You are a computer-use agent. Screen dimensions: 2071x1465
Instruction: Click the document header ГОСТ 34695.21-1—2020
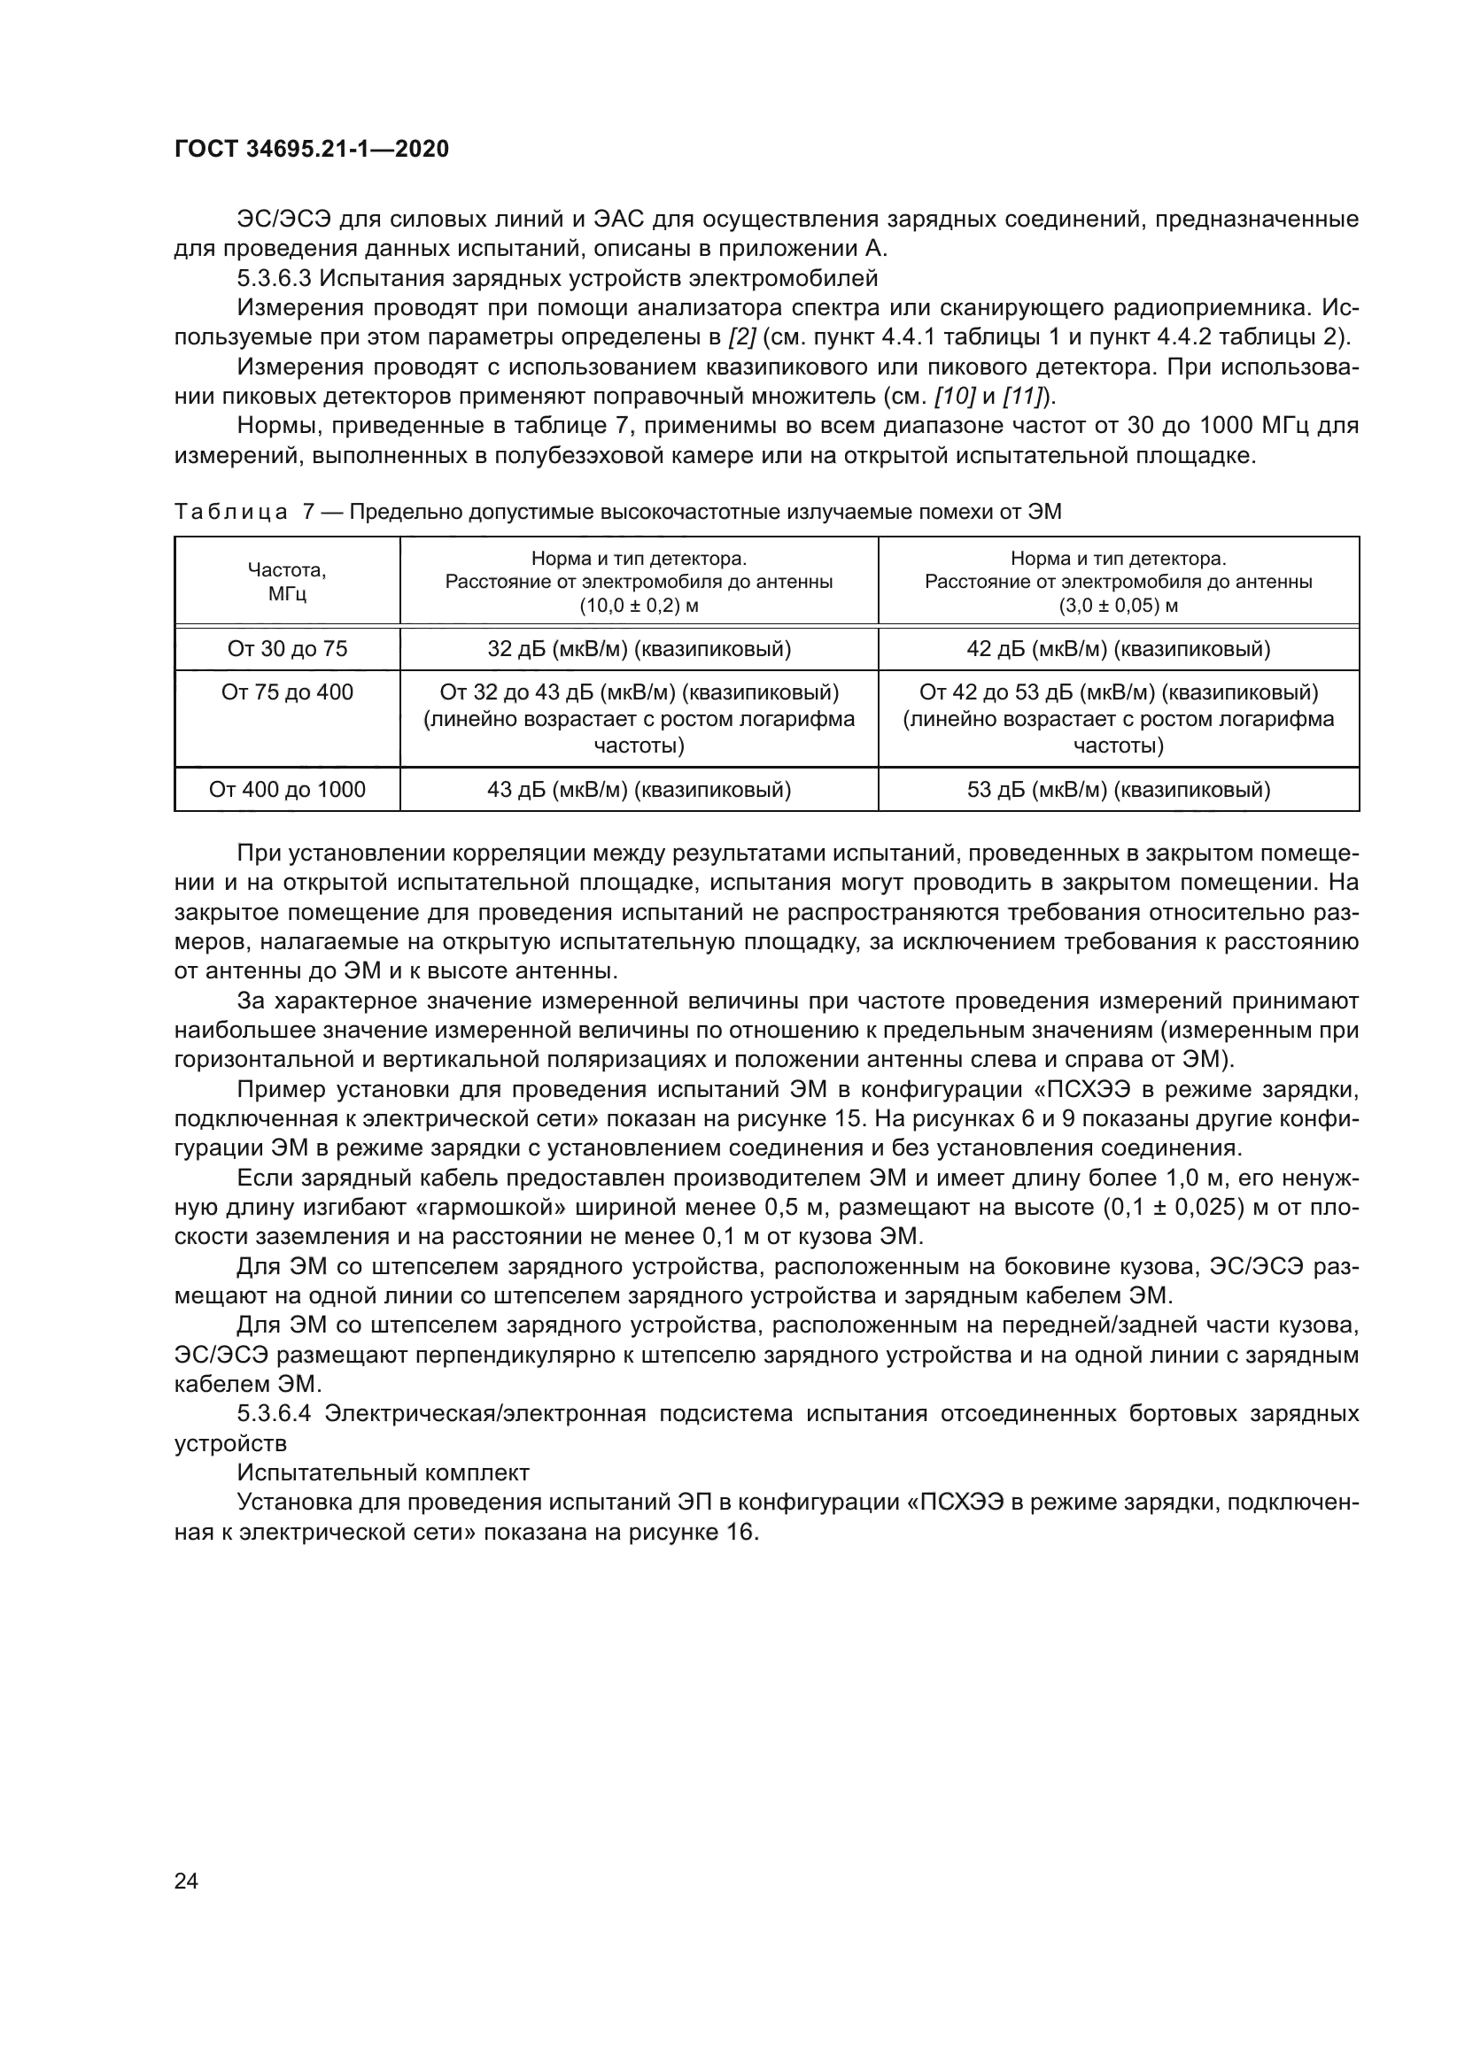point(311,150)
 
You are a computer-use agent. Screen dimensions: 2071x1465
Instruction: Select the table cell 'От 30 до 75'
point(287,649)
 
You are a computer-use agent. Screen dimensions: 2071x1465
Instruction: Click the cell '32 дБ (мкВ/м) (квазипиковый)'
point(639,649)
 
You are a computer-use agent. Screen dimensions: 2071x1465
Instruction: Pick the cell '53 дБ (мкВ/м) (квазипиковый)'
point(1119,790)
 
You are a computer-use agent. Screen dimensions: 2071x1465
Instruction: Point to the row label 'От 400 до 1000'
point(287,790)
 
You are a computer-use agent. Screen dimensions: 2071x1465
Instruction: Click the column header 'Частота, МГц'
point(287,582)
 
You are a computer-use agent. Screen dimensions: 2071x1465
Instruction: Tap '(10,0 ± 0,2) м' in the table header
point(639,606)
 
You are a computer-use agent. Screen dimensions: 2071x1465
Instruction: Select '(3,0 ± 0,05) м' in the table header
point(1119,606)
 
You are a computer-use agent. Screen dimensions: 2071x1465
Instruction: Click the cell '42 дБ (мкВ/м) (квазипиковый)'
point(1119,649)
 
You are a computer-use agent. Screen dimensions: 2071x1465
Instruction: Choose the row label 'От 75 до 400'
point(287,692)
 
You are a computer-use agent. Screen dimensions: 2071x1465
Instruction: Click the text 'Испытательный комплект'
point(383,1473)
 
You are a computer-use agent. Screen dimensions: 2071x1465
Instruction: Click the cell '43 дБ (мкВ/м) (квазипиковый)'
point(639,790)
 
